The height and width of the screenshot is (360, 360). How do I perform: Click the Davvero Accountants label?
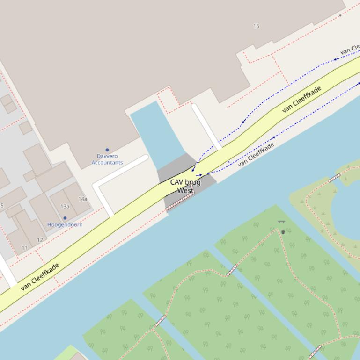[107, 159]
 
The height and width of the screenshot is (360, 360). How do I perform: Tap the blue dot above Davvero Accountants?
[107, 150]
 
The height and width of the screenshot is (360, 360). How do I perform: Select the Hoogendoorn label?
[65, 224]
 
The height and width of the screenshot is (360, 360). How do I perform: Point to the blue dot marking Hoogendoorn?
[65, 218]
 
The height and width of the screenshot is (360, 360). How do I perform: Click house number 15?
[256, 26]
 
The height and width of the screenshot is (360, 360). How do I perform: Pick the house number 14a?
[83, 199]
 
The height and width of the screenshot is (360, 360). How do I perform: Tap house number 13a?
[65, 206]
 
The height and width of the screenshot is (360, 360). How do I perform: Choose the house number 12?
[40, 240]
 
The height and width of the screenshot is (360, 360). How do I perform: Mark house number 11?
[24, 247]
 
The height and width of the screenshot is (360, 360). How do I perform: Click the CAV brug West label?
[185, 186]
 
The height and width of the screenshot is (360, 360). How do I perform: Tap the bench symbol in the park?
[281, 222]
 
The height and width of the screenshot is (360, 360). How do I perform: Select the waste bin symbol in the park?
[283, 232]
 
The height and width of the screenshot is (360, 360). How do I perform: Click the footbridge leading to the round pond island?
[334, 178]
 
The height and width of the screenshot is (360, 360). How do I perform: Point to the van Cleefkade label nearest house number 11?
[40, 277]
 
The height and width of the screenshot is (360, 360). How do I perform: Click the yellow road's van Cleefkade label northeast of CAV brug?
[302, 100]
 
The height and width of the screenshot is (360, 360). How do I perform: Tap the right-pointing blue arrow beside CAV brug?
[199, 175]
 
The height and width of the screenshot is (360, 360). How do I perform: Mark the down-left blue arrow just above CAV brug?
[193, 168]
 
